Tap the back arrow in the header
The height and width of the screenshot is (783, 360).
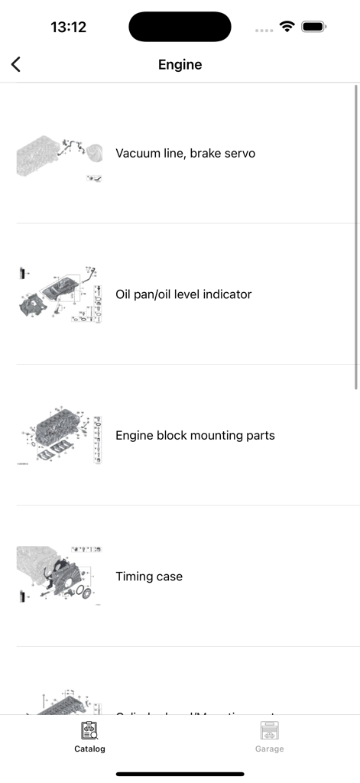coord(16,65)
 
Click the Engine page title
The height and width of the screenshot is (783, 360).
coord(180,65)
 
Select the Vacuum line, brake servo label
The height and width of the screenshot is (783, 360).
coord(185,154)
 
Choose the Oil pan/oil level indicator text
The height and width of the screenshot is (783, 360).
coord(183,294)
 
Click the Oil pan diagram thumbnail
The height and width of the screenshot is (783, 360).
coord(60,295)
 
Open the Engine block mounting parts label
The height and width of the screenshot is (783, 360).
coord(195,436)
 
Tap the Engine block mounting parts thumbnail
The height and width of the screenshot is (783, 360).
coord(60,436)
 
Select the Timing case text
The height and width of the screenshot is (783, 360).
coord(149,577)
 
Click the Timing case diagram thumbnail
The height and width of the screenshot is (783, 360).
coord(60,577)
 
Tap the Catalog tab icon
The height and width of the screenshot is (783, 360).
coord(89,731)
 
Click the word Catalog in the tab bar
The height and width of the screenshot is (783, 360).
coord(89,749)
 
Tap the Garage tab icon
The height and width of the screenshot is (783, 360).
coord(269,731)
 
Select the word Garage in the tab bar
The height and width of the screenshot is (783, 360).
coord(269,749)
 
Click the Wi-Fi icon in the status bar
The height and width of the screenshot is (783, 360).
coord(287,27)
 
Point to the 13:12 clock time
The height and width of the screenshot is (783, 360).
coord(68,28)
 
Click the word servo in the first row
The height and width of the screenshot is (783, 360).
coord(238,154)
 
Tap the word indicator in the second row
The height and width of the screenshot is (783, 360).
coord(225,294)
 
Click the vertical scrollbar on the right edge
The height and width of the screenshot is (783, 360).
coord(356,237)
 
